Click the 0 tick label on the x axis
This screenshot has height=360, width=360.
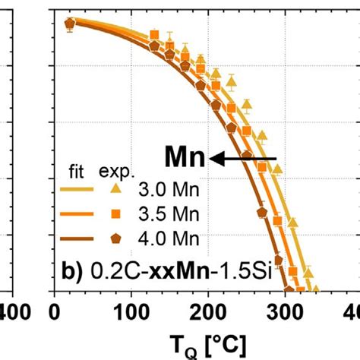54,312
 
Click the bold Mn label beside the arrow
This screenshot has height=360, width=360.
185,158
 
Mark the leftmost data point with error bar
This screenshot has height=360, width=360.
69,24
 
